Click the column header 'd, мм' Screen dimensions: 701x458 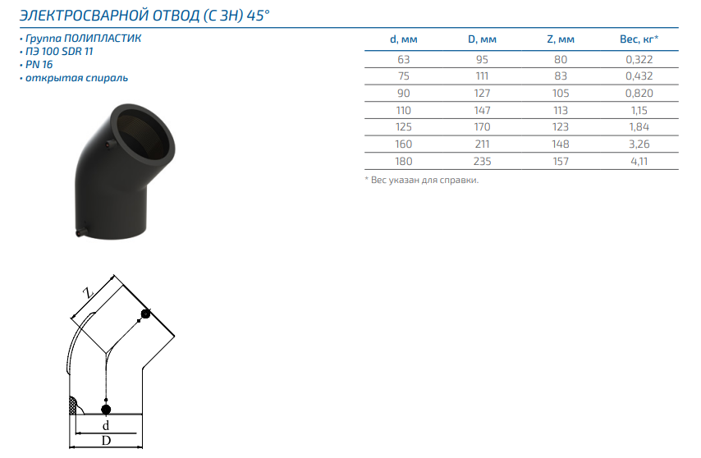coord(403,39)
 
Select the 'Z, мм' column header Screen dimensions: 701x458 coord(561,39)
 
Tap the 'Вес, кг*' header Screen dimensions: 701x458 coord(639,39)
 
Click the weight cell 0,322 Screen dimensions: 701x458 coord(639,59)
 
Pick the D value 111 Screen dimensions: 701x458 coord(482,76)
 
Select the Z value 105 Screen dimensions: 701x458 coord(561,94)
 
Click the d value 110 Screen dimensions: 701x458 coord(403,110)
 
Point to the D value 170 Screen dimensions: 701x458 coord(482,127)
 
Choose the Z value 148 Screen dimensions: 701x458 coord(561,144)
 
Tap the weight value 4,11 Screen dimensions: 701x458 coord(639,162)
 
